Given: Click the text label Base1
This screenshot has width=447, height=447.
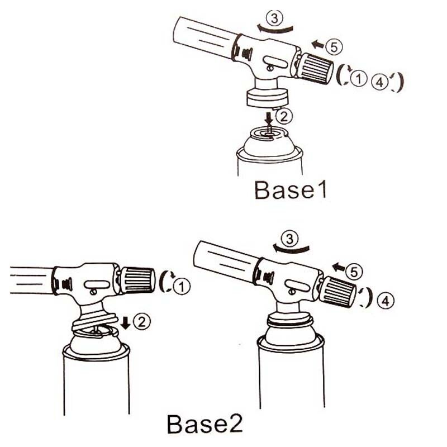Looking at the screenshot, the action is [290, 189].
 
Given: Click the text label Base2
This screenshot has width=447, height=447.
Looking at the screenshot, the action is [205, 424].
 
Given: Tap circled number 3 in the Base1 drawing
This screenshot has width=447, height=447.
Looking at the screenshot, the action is [274, 18].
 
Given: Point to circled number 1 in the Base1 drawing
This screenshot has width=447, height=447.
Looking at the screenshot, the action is [358, 78].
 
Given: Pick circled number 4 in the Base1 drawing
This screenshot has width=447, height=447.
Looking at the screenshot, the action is [380, 82].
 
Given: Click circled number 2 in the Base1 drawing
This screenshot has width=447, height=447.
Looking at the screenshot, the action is [284, 116].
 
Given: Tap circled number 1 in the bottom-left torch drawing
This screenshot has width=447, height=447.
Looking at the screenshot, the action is [182, 286].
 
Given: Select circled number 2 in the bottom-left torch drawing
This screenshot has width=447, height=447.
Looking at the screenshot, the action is [142, 322].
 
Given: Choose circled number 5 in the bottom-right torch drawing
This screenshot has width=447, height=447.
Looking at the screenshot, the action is [354, 272].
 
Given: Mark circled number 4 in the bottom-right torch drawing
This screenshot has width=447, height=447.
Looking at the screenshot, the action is [386, 301].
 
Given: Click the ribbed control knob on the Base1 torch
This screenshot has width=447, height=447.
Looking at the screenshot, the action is [315, 68].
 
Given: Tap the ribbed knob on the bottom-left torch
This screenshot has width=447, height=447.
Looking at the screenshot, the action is [137, 280].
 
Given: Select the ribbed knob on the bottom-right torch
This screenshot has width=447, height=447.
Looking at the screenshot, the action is [338, 292].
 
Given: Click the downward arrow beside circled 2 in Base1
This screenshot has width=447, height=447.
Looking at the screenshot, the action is [269, 118].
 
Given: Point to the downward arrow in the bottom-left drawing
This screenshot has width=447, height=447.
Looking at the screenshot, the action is [125, 323].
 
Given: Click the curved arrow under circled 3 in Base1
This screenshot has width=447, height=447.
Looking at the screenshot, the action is [275, 29].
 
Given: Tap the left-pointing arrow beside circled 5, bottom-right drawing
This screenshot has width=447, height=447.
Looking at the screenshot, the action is [339, 267].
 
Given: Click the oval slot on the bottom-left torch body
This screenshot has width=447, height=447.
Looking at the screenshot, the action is [97, 284].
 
